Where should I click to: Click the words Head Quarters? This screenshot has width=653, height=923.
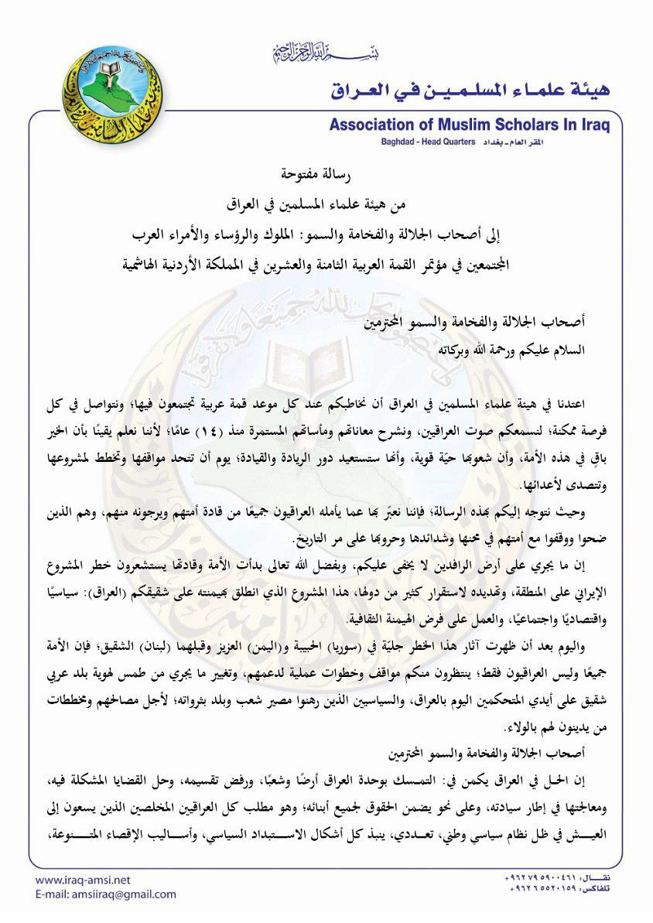tap(453, 143)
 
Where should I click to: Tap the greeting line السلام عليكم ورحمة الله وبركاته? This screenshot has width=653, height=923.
tap(511, 349)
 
